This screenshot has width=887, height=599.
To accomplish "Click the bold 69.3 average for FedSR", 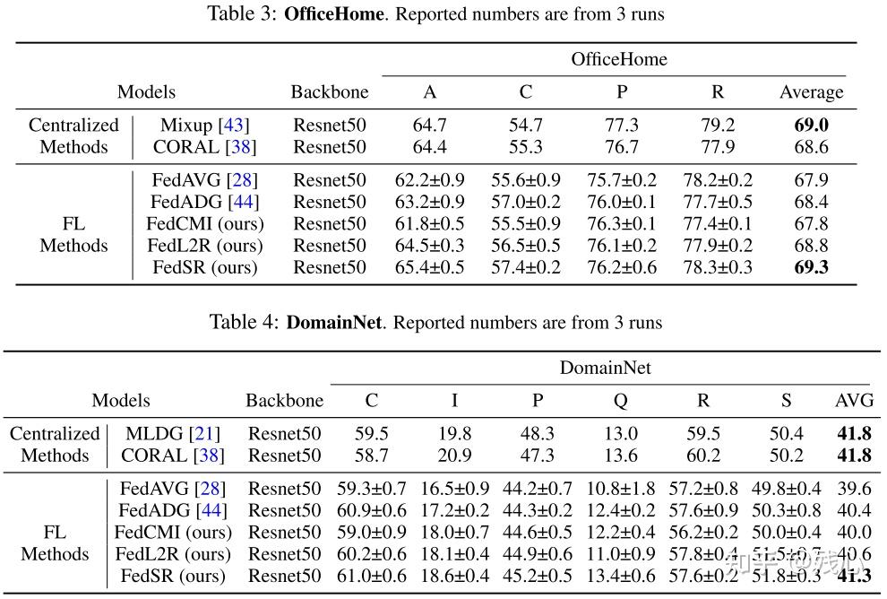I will (811, 267).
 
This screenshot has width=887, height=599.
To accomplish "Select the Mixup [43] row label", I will (204, 126).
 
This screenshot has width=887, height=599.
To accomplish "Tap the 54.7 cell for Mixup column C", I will (525, 126).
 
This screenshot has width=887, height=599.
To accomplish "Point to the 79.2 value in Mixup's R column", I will (719, 126).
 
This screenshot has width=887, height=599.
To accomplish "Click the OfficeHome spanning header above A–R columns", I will (619, 60).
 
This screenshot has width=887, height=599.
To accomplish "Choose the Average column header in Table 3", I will (811, 92).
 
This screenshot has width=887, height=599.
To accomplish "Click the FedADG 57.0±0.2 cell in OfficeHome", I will (525, 203).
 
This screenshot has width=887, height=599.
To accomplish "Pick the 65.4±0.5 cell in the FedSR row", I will (430, 267).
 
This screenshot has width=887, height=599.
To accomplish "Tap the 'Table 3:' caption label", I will (244, 14).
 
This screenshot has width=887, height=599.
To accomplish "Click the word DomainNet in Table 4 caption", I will (333, 322).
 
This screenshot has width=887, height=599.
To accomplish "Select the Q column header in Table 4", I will (620, 401).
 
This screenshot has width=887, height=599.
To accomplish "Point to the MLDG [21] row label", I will (172, 434).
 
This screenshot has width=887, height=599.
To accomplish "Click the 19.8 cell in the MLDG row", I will (454, 434).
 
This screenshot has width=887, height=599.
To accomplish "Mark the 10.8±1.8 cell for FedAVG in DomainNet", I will (620, 489).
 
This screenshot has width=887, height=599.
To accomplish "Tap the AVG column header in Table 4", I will (853, 401).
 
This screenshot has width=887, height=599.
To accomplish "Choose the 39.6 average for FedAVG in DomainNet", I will (853, 489).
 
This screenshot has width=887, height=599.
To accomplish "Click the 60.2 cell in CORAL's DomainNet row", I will (703, 456).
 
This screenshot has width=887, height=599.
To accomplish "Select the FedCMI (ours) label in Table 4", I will (172, 533).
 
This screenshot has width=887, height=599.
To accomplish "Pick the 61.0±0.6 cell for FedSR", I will (371, 576).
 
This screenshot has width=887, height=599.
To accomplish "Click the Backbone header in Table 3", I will (329, 92).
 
